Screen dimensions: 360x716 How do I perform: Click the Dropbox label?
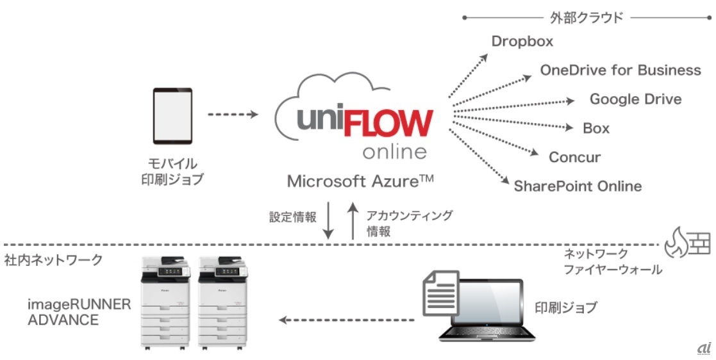tap(522, 42)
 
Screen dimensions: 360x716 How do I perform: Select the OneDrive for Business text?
tap(620, 70)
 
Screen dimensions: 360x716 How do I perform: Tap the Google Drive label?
tap(635, 99)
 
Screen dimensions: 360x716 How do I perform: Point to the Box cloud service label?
tap(596, 128)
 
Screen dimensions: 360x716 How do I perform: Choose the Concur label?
tap(574, 158)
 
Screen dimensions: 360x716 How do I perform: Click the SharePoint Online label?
tap(578, 186)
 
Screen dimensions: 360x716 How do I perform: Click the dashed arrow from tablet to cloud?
tap(233, 115)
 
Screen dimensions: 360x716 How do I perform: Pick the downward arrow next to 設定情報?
tap(328, 222)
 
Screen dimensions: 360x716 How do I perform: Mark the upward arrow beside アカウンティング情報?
tap(352, 222)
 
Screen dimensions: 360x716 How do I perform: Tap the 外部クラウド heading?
tap(585, 17)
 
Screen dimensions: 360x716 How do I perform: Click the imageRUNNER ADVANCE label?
tap(79, 311)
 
